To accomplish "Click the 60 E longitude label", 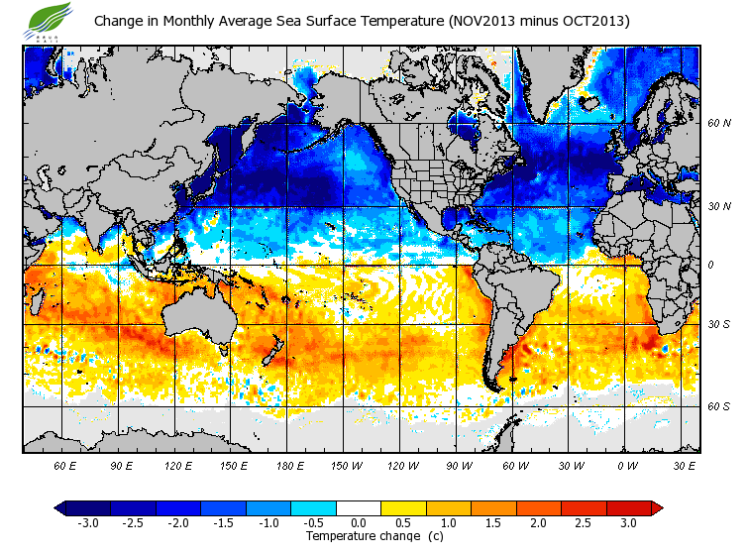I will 65,465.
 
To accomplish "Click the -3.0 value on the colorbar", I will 87,522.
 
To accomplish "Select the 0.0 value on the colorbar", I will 360,522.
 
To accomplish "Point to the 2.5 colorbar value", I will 585,522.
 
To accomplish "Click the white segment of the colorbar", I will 359,507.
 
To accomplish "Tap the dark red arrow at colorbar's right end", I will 657,507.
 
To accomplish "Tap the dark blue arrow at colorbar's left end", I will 60,507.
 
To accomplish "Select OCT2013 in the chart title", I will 586,21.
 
